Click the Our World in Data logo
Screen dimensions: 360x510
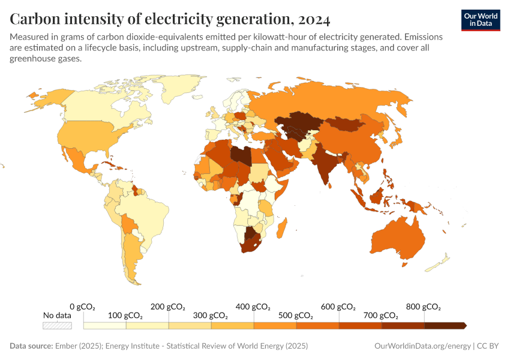pyautogui.click(x=480, y=20)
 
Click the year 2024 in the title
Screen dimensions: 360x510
pyautogui.click(x=312, y=20)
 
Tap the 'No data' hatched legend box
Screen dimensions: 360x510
pyautogui.click(x=57, y=325)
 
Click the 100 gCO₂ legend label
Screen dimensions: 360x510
pyautogui.click(x=125, y=316)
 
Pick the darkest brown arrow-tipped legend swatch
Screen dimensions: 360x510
pyautogui.click(x=446, y=325)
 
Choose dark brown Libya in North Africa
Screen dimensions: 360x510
pyautogui.click(x=241, y=154)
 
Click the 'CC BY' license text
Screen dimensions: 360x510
pyautogui.click(x=489, y=346)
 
